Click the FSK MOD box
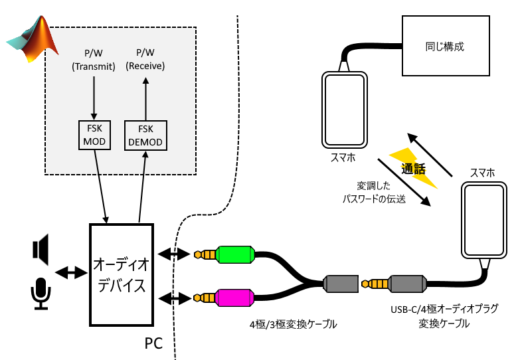(94, 135)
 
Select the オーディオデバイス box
(121, 275)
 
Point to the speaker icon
(41, 251)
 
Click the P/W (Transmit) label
(94, 60)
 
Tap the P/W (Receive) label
(145, 60)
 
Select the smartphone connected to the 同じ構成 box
(345, 109)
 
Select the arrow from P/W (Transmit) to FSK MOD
(94, 98)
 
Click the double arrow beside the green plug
(175, 254)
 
